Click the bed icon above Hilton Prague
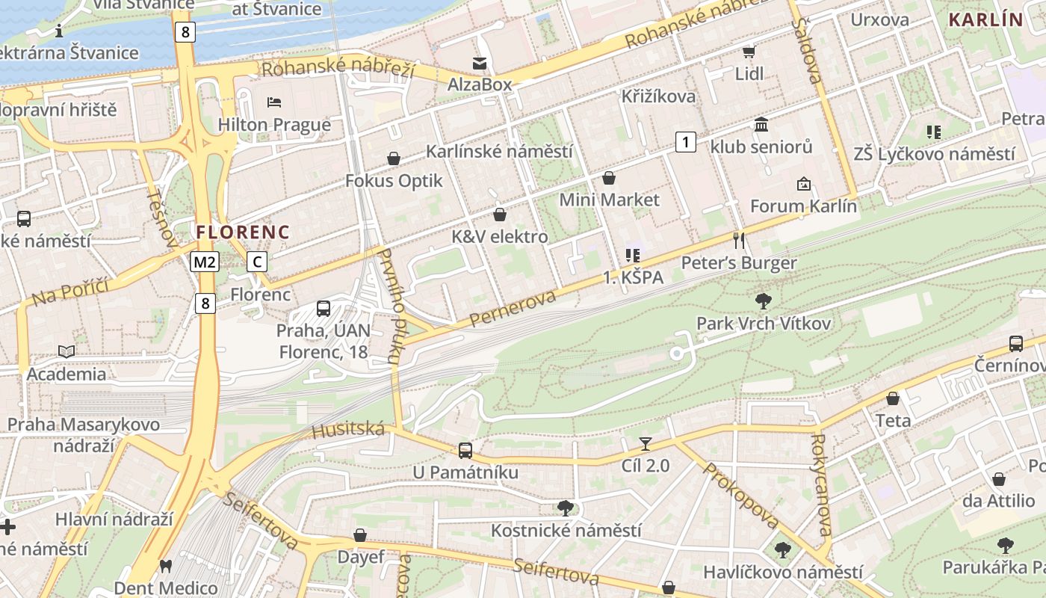pos(273,102)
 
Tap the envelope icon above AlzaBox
pos(479,64)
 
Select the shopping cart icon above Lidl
pos(749,52)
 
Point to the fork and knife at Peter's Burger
pos(739,240)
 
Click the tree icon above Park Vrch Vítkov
pos(763,301)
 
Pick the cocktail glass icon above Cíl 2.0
pos(646,443)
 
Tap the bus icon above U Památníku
pos(465,450)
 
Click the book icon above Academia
pos(66,351)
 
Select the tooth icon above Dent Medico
pos(166,567)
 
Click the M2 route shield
pos(204,262)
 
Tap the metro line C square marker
pos(257,262)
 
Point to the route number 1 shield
pos(685,141)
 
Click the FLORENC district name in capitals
pos(243,232)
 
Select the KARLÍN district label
pos(985,20)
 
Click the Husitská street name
pos(348,430)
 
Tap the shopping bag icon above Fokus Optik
pos(393,158)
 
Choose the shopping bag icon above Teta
pos(893,398)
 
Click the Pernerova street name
pos(513,309)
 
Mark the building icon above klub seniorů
pos(761,124)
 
